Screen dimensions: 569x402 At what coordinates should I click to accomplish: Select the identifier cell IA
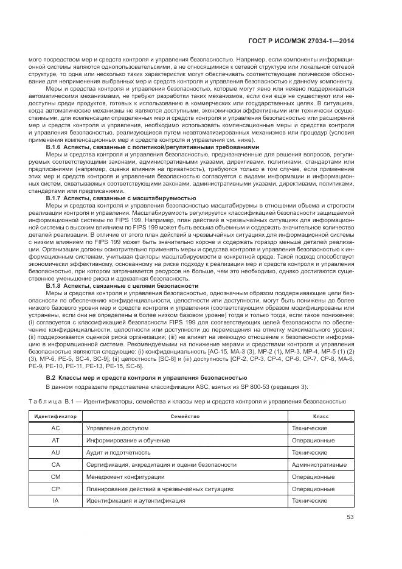pos(55,501)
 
